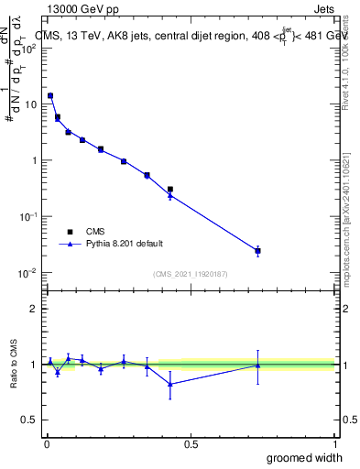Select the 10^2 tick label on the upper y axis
click(x=28, y=48)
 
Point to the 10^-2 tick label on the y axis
click(x=28, y=273)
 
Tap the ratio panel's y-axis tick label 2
click(x=35, y=309)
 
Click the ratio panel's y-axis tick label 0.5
click(x=30, y=420)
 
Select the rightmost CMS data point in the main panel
click(x=258, y=250)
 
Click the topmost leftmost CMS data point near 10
click(x=50, y=95)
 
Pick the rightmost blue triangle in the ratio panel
click(x=258, y=365)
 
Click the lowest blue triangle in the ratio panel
click(x=170, y=384)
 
